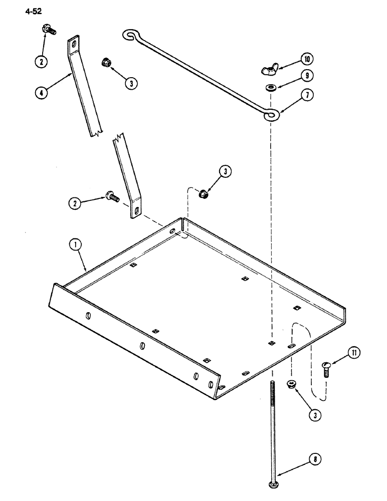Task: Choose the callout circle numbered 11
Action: tap(353, 354)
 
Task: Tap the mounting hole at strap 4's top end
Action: tap(74, 44)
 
